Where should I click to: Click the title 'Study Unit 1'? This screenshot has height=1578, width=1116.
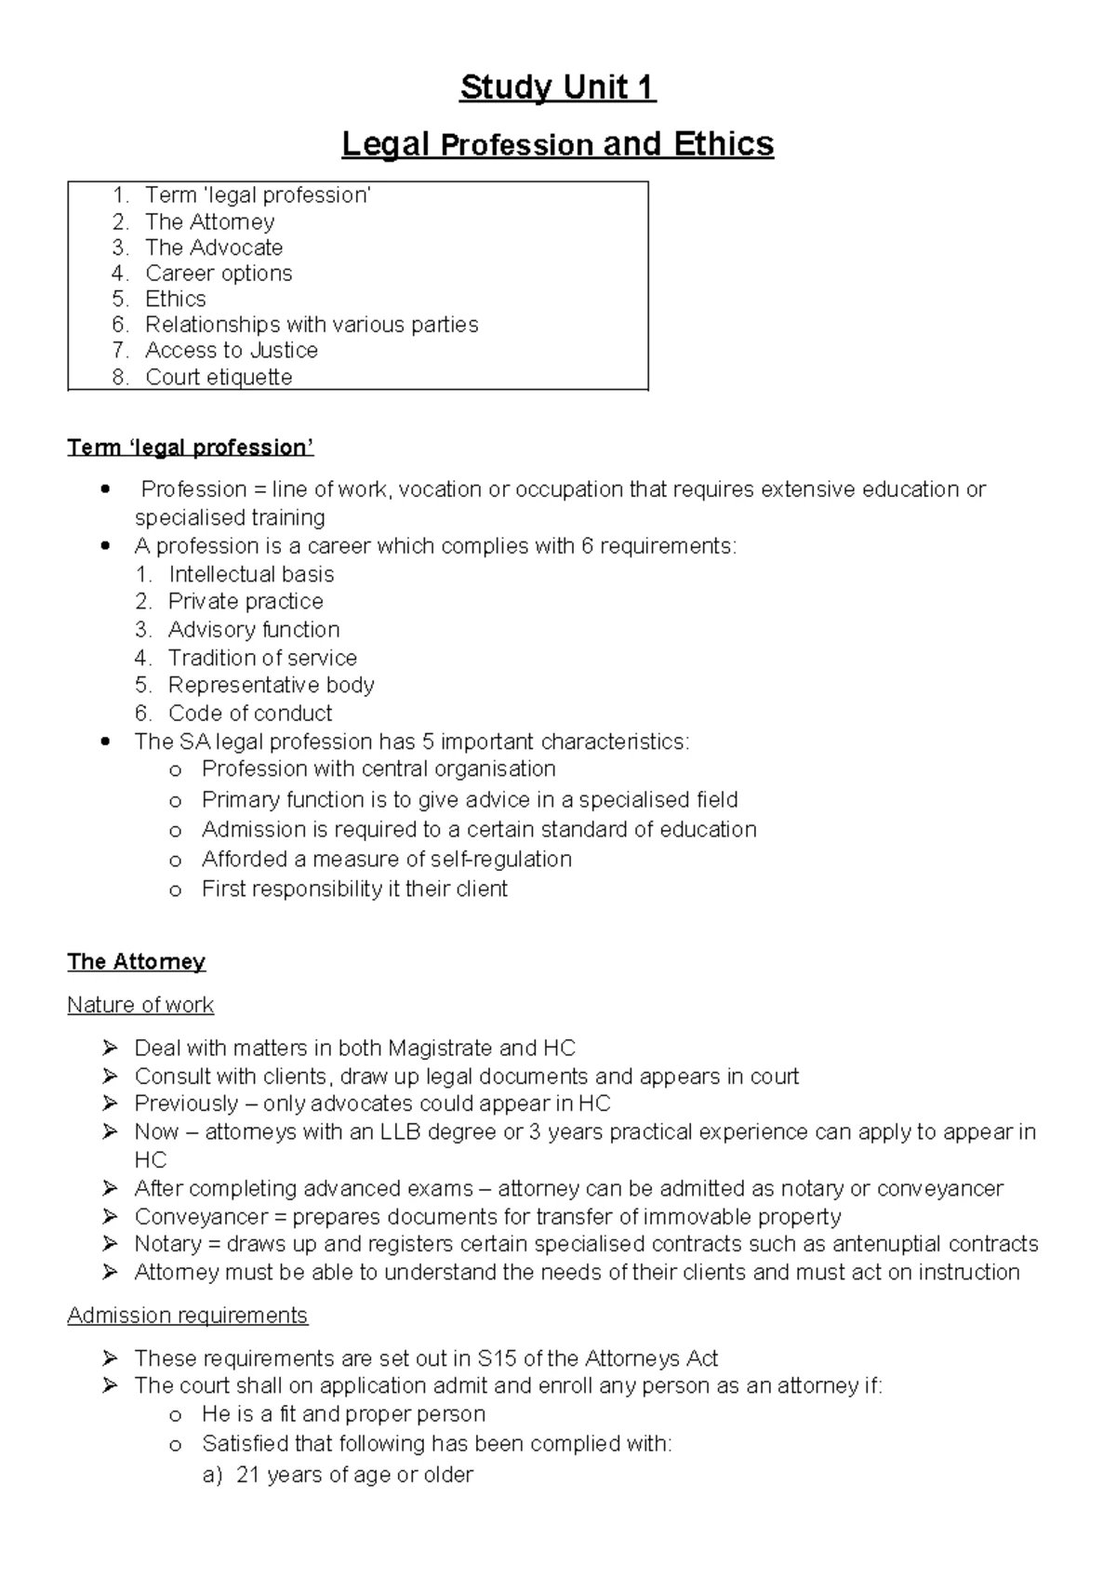tap(558, 87)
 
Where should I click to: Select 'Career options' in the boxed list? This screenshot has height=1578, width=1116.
tap(219, 274)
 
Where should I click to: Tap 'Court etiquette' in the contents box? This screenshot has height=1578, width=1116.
tap(219, 377)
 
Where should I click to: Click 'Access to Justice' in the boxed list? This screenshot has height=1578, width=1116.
tap(232, 351)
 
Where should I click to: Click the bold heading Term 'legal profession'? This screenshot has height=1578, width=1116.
tap(191, 448)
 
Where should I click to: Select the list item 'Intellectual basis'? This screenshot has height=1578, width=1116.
tap(251, 574)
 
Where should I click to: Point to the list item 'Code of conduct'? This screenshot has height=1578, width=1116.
tap(250, 714)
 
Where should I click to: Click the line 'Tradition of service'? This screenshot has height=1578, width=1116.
tap(262, 658)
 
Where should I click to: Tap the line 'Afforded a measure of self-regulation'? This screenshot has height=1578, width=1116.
tap(386, 859)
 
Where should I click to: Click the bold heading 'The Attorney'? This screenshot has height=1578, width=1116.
tap(136, 961)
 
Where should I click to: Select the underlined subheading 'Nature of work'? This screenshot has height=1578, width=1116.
tap(140, 1005)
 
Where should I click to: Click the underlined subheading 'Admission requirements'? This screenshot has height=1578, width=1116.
tap(187, 1316)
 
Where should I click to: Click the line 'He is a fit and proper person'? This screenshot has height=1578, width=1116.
tap(343, 1414)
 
